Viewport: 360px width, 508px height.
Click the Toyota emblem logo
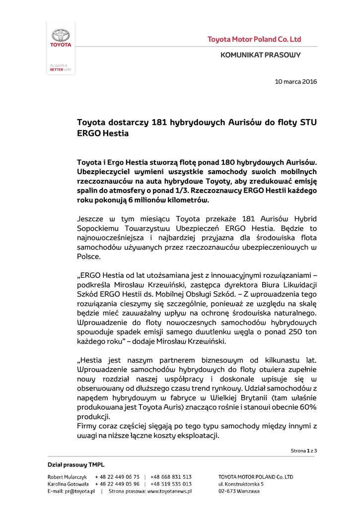[61, 35]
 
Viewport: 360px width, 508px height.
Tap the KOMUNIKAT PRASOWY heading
[261, 55]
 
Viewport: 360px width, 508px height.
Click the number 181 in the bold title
[159, 122]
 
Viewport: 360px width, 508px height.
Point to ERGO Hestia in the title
[103, 133]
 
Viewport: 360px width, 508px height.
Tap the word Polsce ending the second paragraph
[89, 256]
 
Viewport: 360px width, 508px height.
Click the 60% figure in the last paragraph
[307, 407]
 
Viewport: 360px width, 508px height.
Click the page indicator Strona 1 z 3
[303, 450]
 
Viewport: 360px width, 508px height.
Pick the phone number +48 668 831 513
[171, 477]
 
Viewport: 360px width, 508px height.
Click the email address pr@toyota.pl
[78, 491]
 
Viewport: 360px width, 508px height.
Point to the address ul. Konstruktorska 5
[241, 484]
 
